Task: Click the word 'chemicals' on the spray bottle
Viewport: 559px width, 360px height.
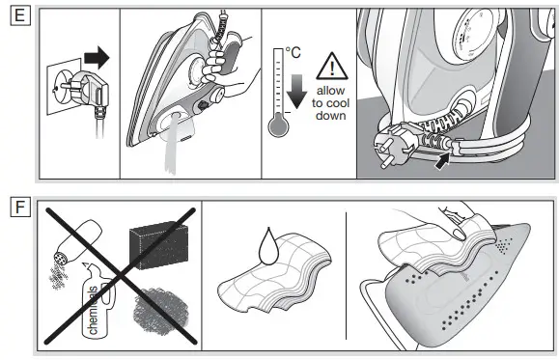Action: pyautogui.click(x=95, y=308)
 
